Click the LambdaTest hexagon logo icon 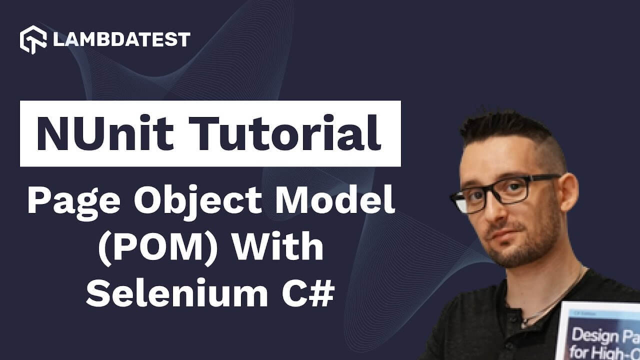click(33, 39)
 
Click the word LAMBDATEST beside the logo click(121, 39)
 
